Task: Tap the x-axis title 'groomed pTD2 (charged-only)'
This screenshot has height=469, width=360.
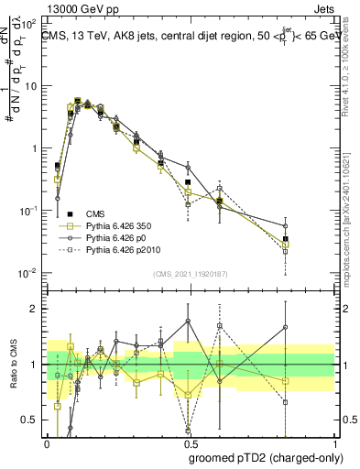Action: pos(266,457)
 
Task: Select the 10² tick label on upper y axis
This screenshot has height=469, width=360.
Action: pos(33,23)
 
